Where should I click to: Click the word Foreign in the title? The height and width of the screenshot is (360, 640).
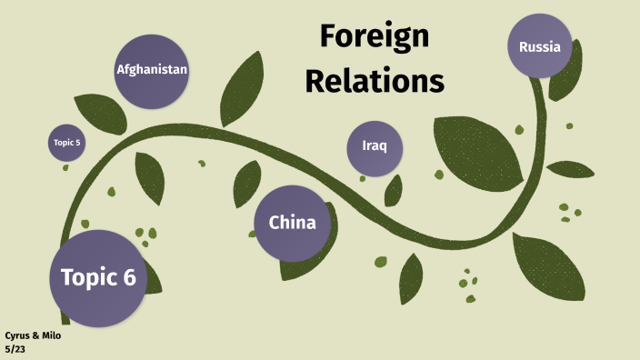click(x=374, y=38)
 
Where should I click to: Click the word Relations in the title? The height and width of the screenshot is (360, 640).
click(x=374, y=81)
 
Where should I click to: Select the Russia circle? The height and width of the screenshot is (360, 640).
click(x=540, y=46)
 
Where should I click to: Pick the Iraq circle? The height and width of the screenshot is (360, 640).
click(x=375, y=147)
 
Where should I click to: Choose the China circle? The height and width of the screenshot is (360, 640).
click(x=292, y=223)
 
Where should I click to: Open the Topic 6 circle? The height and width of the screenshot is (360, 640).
click(x=97, y=276)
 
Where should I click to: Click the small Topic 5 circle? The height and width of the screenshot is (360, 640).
click(x=67, y=143)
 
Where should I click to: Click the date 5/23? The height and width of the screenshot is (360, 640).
click(x=15, y=349)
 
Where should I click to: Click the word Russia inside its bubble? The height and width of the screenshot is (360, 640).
click(x=540, y=46)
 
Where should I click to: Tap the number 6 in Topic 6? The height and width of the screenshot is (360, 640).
click(x=128, y=277)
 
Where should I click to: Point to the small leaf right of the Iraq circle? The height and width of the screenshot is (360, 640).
click(x=394, y=190)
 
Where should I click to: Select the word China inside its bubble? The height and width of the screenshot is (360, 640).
click(x=292, y=223)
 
